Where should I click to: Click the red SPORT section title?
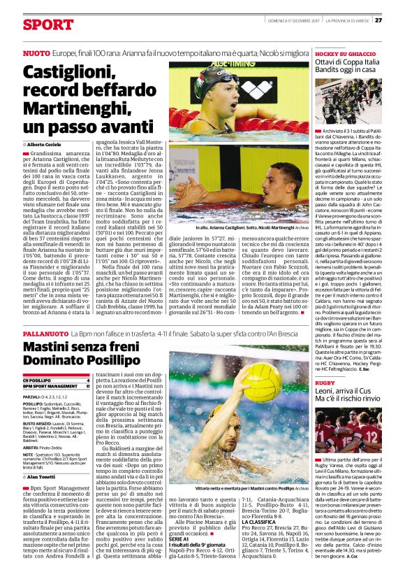(x=47, y=24)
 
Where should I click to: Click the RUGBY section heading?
(x=325, y=383)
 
